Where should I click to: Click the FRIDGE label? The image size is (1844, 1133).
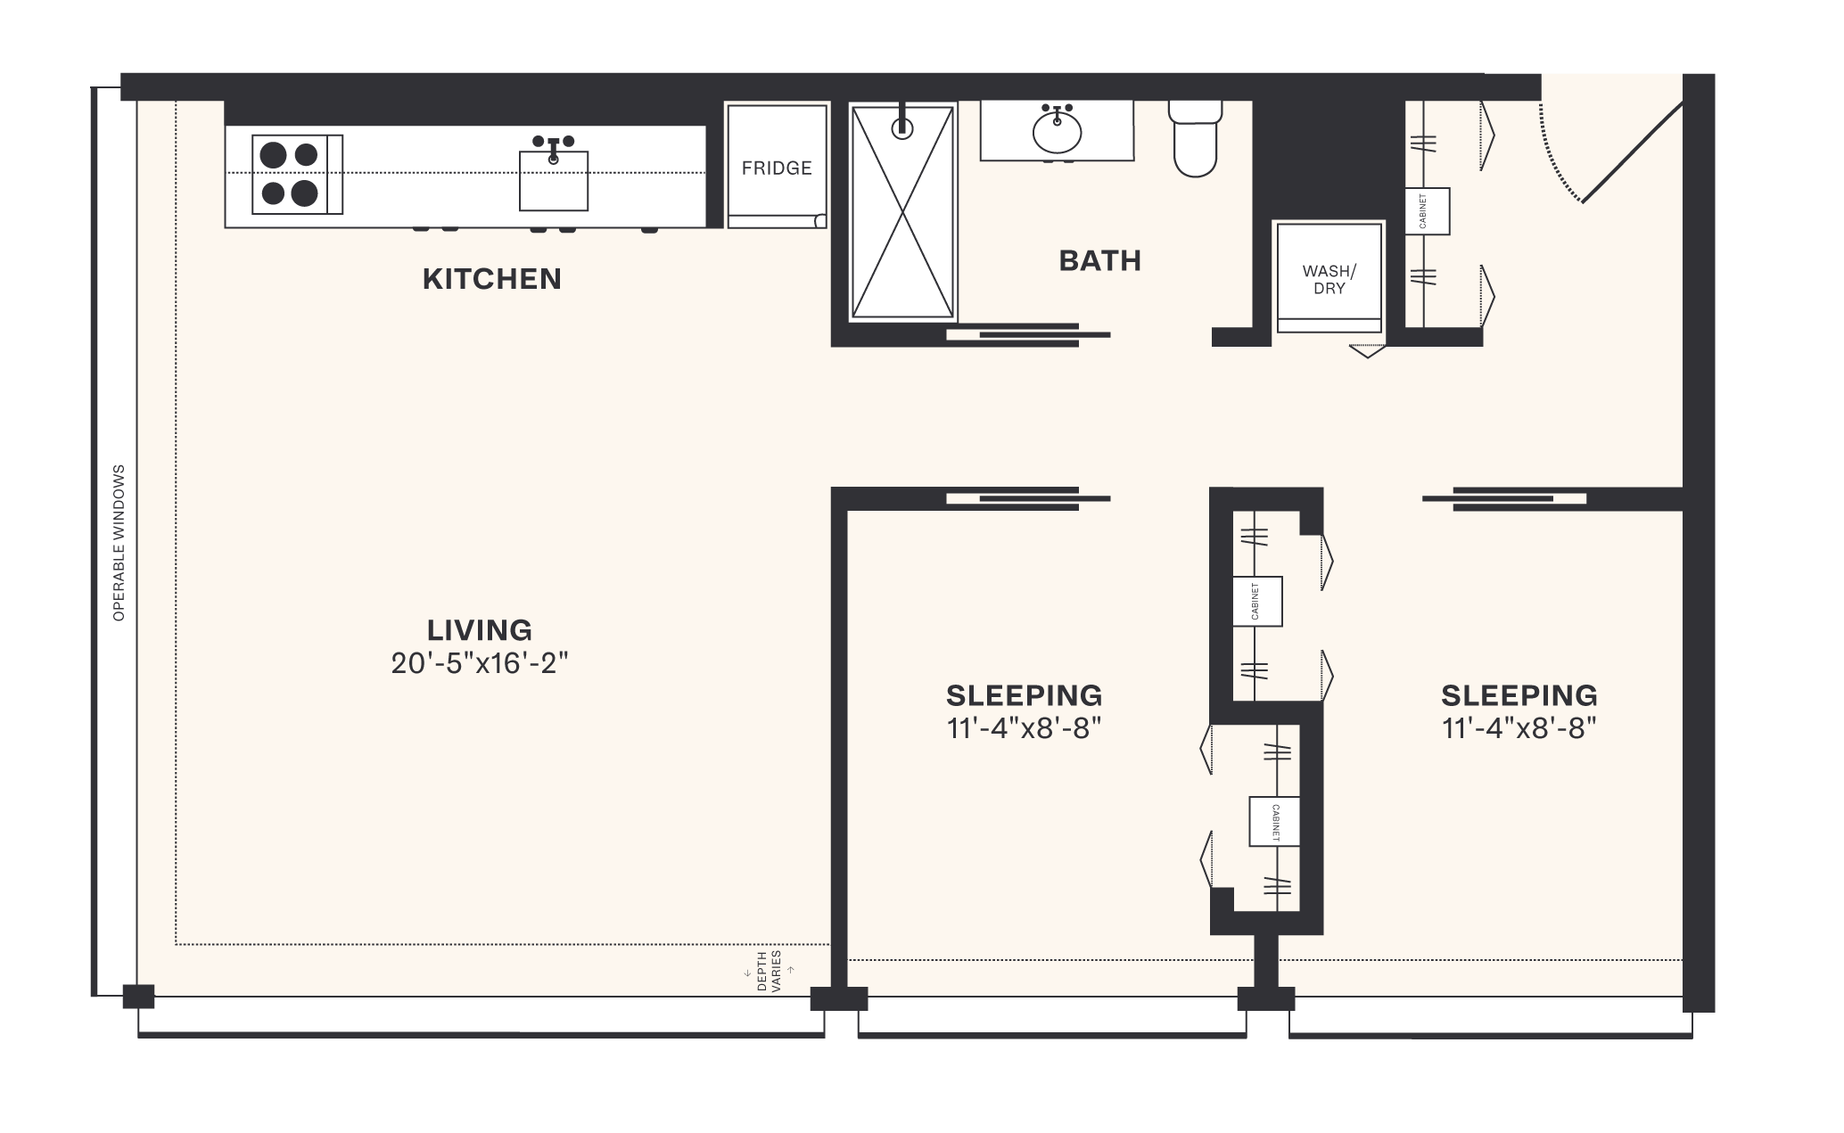pyautogui.click(x=777, y=168)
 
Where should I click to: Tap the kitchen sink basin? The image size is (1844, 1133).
pyautogui.click(x=553, y=182)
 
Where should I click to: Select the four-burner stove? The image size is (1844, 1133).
pyautogui.click(x=291, y=174)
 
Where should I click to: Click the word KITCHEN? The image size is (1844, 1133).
pyautogui.click(x=491, y=279)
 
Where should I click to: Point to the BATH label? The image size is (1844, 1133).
pyautogui.click(x=1099, y=261)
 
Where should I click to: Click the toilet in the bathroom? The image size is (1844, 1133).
pyautogui.click(x=1195, y=140)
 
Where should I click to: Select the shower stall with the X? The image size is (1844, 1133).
pyautogui.click(x=902, y=212)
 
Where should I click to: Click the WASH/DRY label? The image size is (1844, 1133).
pyautogui.click(x=1329, y=280)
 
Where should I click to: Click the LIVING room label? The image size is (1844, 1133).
pyautogui.click(x=480, y=630)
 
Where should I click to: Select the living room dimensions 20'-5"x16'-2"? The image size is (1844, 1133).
pyautogui.click(x=480, y=664)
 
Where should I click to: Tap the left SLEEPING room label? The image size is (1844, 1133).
pyautogui.click(x=1024, y=695)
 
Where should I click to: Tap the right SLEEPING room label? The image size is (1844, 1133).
pyautogui.click(x=1519, y=695)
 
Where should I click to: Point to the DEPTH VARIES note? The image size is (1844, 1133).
pyautogui.click(x=768, y=971)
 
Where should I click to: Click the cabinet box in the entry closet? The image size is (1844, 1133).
pyautogui.click(x=1427, y=211)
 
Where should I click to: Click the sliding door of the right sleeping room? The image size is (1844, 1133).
pyautogui.click(x=1507, y=499)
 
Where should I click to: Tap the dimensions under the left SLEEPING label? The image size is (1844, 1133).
pyautogui.click(x=1024, y=729)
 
